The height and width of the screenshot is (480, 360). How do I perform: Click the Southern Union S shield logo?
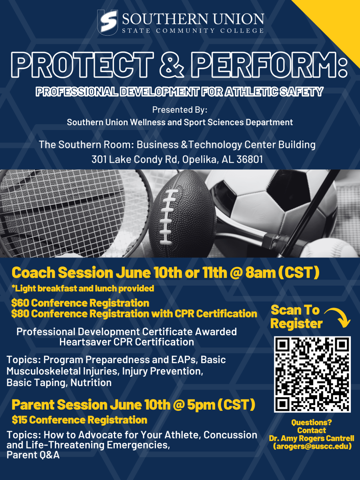click(108, 22)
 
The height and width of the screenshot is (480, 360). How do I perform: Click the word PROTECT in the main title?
click(82, 65)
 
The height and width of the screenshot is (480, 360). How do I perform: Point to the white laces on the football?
click(168, 217)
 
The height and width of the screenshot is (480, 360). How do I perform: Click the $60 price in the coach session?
click(20, 303)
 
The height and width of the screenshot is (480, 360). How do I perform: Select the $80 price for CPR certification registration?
click(20, 314)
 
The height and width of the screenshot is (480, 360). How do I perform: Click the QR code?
click(312, 374)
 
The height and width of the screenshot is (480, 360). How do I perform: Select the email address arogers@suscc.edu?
click(312, 446)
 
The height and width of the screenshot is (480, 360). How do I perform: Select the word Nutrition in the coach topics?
click(91, 383)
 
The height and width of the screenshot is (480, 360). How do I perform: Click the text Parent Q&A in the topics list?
click(33, 455)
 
